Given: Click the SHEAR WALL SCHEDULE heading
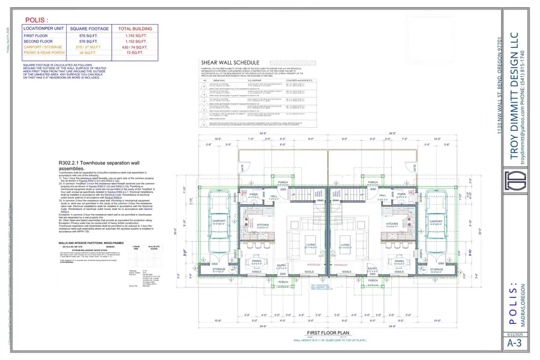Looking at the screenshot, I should (x=230, y=62).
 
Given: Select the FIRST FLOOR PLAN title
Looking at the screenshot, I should (x=328, y=332).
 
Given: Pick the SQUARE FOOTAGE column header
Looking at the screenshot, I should (x=91, y=28).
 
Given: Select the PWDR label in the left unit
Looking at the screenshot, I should (x=253, y=194).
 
